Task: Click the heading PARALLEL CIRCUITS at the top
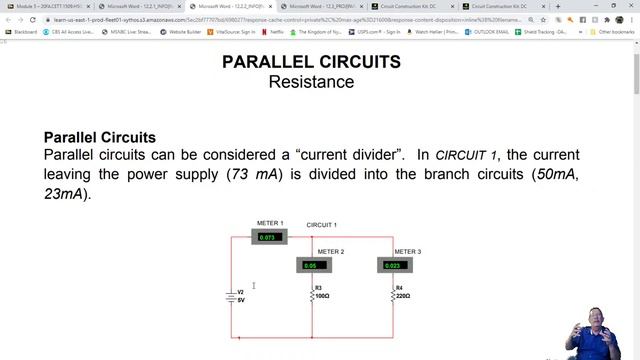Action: [311, 62]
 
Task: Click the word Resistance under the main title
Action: [311, 81]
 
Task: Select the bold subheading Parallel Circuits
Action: [100, 137]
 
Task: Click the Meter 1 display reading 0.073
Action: [269, 237]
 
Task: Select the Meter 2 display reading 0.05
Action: [313, 265]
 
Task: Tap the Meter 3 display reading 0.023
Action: [394, 265]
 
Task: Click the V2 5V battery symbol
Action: [231, 296]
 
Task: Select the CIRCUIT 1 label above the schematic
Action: [321, 225]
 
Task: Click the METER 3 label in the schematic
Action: [407, 252]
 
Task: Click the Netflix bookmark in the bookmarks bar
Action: [275, 32]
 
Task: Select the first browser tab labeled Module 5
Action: [50, 6]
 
